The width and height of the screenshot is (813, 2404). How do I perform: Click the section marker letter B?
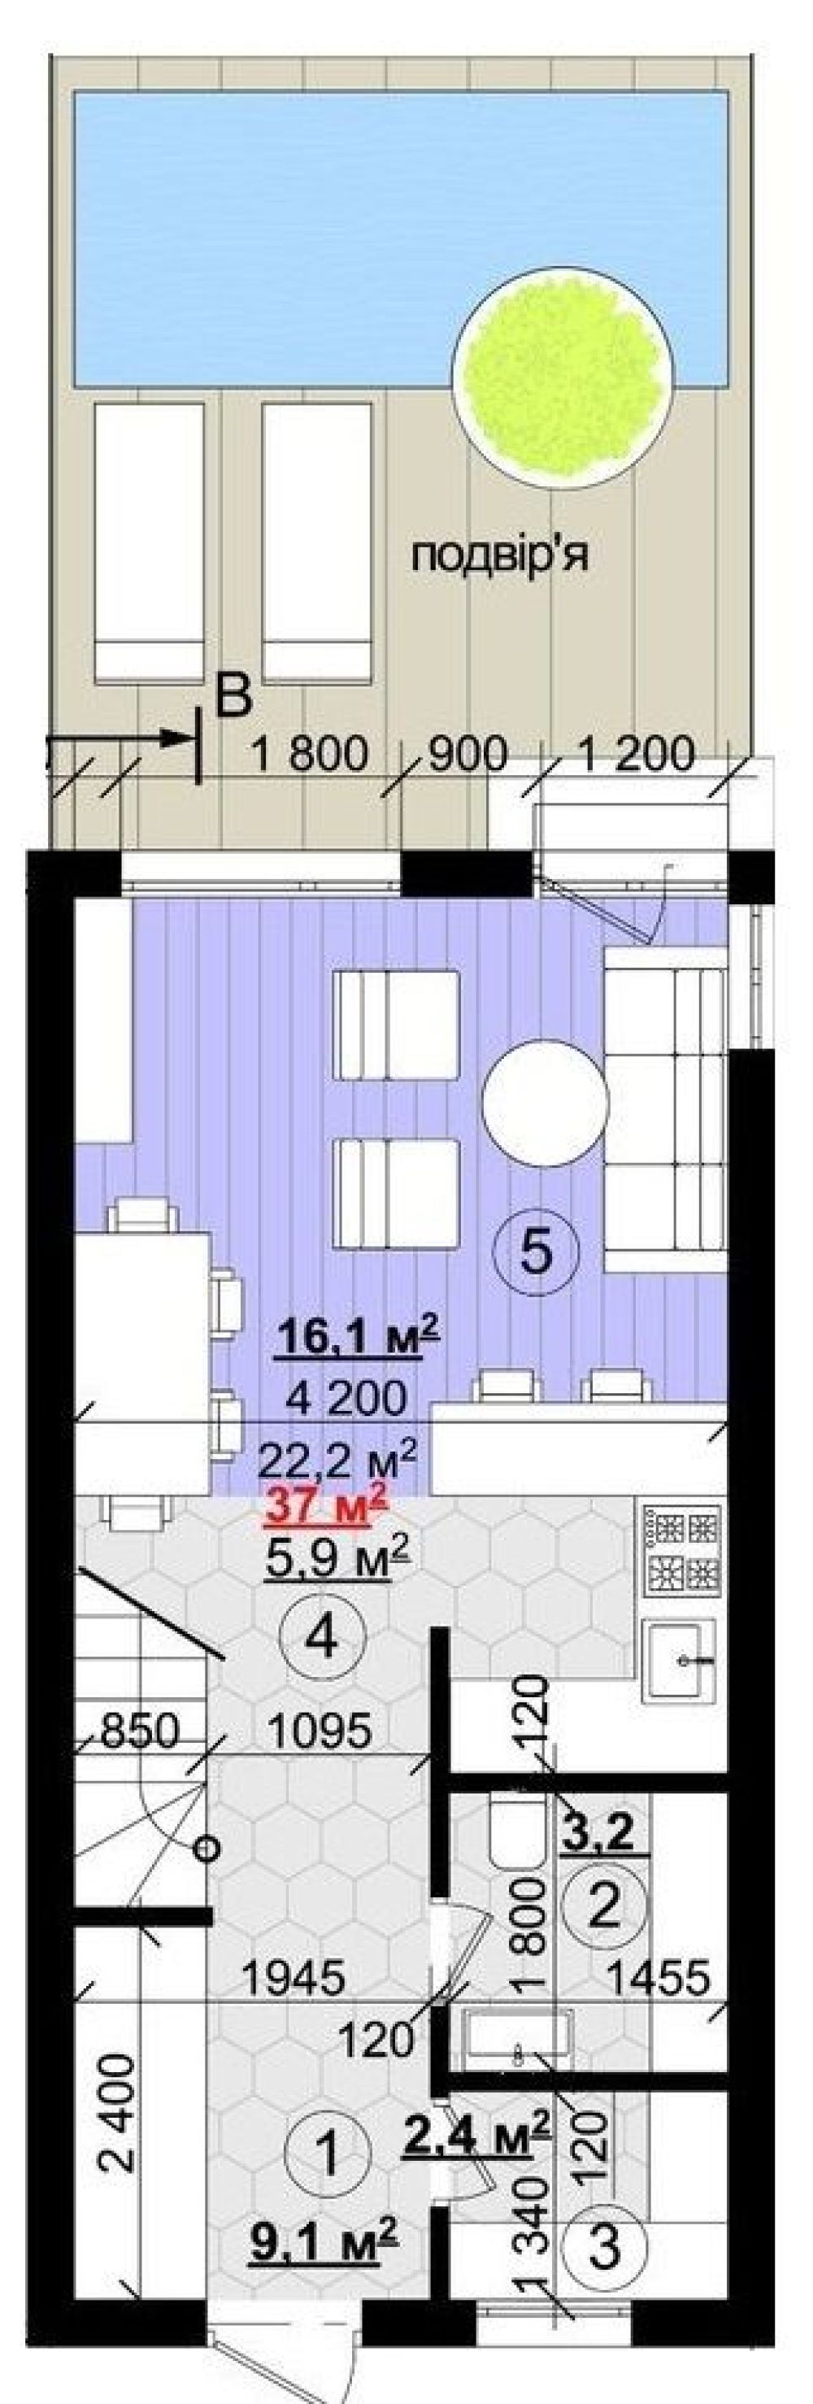233,696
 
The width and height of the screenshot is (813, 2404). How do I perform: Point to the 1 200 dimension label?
636,754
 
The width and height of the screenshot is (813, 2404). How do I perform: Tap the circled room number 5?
536,1251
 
